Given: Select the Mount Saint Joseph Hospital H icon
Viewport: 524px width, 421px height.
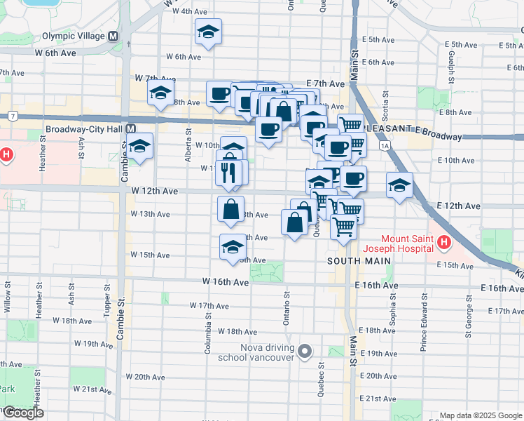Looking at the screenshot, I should click(443, 243).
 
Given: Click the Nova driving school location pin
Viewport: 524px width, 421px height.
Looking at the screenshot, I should click(305, 350).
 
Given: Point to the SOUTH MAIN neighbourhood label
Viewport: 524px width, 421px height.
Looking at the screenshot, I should click(359, 261).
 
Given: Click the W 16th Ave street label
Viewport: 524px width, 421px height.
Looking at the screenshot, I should click(226, 282).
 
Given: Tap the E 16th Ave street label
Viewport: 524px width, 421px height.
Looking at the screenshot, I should click(377, 286).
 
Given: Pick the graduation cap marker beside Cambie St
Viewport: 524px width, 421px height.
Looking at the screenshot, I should click(141, 147).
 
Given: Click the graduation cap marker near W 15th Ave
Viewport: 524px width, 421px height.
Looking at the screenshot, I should click(233, 248).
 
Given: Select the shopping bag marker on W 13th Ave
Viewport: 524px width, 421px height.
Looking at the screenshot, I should click(231, 208).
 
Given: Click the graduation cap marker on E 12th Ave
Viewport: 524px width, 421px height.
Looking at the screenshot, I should click(399, 185).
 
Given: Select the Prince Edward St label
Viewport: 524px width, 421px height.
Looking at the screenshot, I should click(423, 335).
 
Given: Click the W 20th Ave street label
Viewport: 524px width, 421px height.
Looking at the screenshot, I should click(149, 377).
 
